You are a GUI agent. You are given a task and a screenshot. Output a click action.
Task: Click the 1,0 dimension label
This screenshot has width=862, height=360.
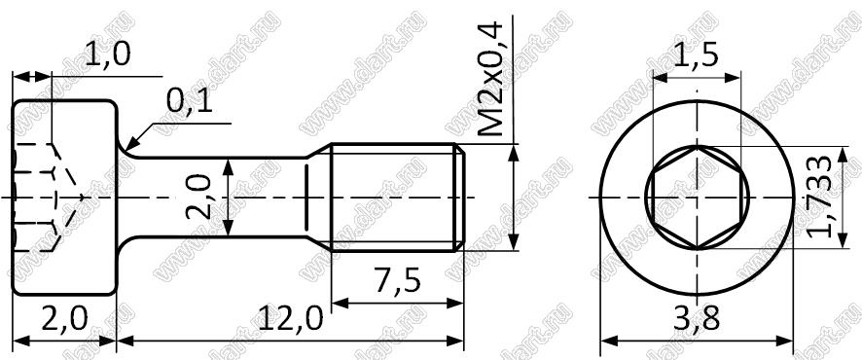(x=108, y=56)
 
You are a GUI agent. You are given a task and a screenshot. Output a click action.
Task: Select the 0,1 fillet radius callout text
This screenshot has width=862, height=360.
(x=190, y=103)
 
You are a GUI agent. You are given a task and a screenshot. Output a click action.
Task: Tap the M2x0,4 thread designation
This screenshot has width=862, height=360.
(x=489, y=79)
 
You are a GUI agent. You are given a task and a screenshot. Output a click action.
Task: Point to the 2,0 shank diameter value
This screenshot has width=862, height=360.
(x=199, y=198)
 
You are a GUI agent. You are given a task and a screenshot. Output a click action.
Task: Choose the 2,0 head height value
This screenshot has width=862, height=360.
(x=64, y=318)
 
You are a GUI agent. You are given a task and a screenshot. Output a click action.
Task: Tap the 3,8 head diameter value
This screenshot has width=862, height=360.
(x=697, y=318)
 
